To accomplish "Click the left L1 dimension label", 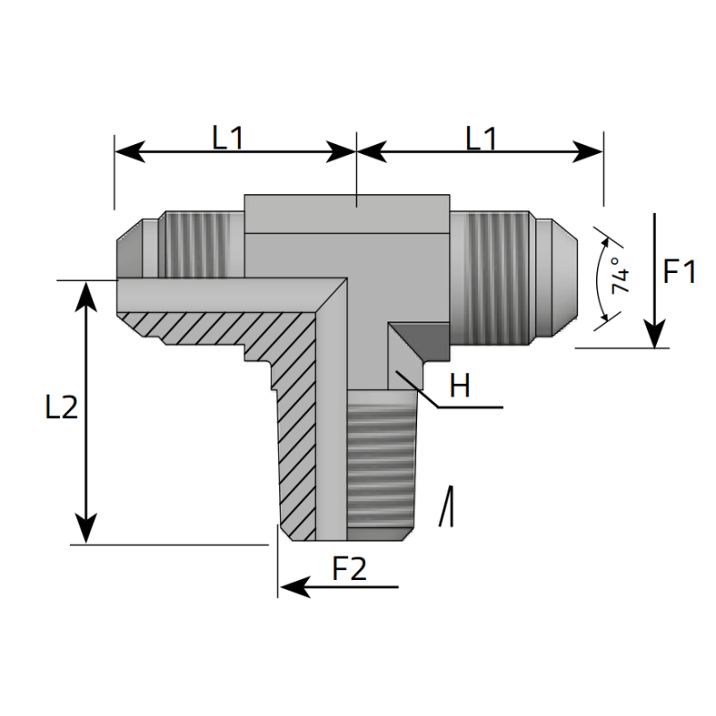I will [228, 137].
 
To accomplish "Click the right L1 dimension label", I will [482, 137].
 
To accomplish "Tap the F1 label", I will [679, 271].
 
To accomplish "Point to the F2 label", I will [350, 569].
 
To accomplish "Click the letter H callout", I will [459, 387].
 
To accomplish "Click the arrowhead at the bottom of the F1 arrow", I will [656, 337].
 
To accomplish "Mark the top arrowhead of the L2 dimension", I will [86, 292].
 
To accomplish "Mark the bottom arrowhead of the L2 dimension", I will [86, 532].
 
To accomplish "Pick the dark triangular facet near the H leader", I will [416, 345].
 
